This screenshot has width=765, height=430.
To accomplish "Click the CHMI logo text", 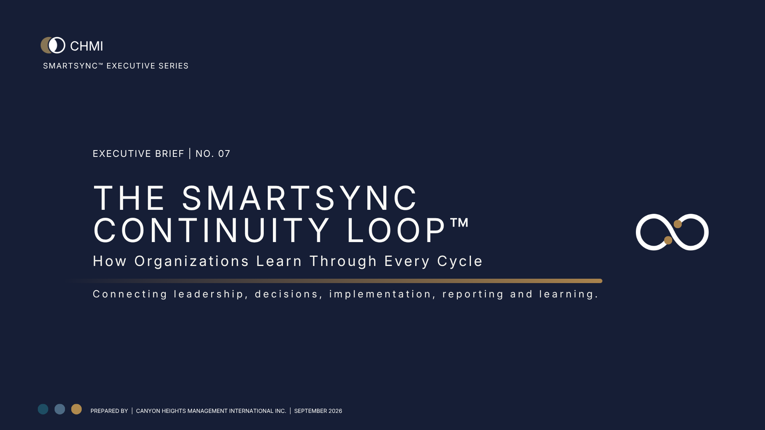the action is click(x=86, y=46).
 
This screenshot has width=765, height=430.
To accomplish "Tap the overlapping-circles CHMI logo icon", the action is click(x=53, y=45).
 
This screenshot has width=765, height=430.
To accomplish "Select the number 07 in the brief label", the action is click(x=224, y=154).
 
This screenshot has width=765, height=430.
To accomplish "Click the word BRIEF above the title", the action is click(x=170, y=154).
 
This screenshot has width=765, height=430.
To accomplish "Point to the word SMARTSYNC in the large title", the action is click(x=300, y=198).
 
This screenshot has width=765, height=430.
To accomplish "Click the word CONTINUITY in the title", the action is click(x=212, y=230).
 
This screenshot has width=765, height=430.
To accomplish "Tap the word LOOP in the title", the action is click(x=397, y=230).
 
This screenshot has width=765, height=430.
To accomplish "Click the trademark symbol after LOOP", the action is click(x=459, y=223).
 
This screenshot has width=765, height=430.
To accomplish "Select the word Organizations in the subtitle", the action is click(x=192, y=261).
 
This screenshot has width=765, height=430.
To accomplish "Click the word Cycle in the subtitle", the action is click(x=460, y=261).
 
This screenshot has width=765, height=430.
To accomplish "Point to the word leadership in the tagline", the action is click(x=208, y=294).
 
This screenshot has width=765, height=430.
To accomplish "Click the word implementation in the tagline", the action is click(x=380, y=294).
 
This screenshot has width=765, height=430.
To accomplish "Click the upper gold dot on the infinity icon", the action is click(x=678, y=224).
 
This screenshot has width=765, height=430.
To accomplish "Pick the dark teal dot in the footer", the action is click(x=43, y=409).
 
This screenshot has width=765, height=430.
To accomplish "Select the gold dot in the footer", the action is click(x=76, y=409).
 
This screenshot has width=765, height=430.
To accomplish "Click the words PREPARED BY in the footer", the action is click(x=109, y=411).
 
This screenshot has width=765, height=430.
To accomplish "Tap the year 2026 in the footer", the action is click(x=335, y=411).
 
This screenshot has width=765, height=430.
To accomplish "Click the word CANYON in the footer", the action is click(x=148, y=411).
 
